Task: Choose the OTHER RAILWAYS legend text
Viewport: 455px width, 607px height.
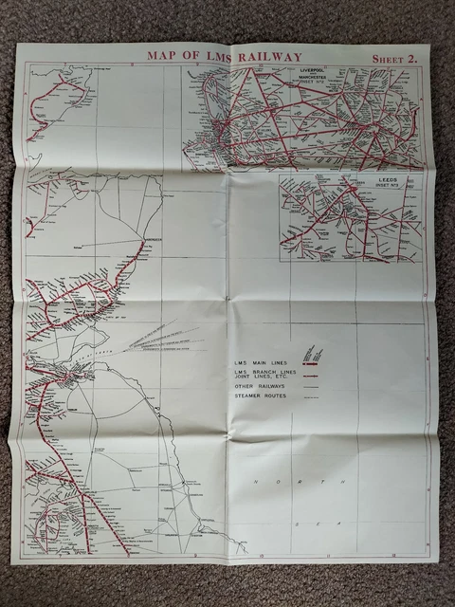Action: coord(263,386)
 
